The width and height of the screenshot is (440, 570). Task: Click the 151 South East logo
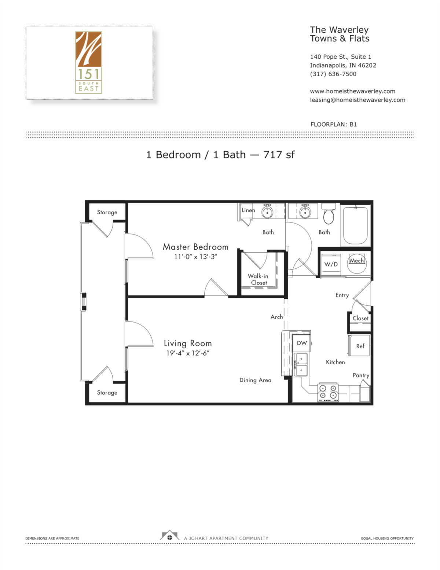[88, 62]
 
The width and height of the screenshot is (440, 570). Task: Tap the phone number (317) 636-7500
[333, 74]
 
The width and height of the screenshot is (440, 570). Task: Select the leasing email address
[357, 100]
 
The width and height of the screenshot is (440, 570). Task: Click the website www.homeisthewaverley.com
[352, 91]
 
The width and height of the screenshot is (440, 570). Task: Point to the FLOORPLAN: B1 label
[333, 124]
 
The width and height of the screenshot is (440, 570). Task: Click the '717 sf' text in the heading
[279, 155]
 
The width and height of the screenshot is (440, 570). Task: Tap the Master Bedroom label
[195, 247]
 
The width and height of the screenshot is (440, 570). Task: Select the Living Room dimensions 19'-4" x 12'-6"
[188, 353]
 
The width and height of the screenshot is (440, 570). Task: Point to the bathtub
[355, 225]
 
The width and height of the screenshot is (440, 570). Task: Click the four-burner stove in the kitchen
[328, 392]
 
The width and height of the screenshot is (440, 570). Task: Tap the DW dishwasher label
[302, 343]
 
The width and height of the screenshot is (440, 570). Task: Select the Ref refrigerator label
[360, 346]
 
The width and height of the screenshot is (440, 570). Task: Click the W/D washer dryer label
[331, 264]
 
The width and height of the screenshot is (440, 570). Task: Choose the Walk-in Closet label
[258, 279]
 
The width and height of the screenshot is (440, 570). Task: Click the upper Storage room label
[107, 213]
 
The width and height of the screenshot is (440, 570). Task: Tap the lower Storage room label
[107, 393]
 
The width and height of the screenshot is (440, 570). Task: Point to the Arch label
[276, 317]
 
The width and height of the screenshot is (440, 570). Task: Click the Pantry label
[361, 375]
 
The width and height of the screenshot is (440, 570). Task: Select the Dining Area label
[255, 380]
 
